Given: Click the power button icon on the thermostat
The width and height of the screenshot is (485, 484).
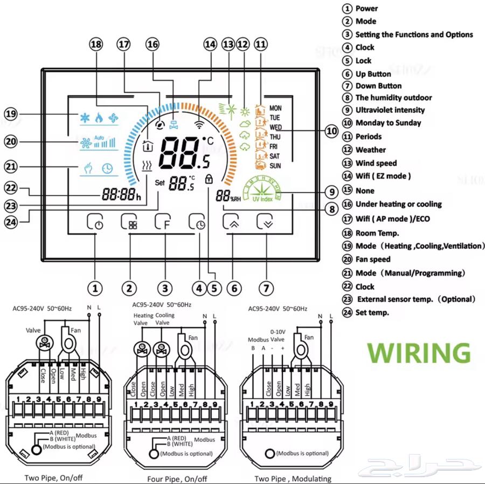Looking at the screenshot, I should point(95,223).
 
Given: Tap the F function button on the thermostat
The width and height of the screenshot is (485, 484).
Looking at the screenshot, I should point(163,223).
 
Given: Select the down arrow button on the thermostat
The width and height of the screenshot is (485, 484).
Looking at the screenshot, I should point(266,223).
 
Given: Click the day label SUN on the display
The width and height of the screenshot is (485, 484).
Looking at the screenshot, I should point(275,166).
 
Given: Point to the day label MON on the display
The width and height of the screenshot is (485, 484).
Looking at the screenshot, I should point(275,108).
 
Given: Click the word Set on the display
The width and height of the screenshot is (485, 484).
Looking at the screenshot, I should point(160,182).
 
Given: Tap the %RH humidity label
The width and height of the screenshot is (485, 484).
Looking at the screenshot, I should point(235,199).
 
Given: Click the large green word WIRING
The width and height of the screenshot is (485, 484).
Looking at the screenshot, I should point(419,352).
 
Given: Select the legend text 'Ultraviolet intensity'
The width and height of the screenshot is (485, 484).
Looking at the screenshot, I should point(390,110).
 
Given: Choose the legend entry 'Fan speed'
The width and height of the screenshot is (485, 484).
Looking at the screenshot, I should point(373,260).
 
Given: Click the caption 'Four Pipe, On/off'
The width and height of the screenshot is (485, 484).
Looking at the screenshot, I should point(177,479).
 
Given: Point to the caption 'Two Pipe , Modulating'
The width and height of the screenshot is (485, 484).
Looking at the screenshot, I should point(293,479).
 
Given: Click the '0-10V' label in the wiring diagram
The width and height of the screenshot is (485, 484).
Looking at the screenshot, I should point(278,332).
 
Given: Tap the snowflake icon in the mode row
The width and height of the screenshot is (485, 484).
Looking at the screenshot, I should point(85,118).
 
